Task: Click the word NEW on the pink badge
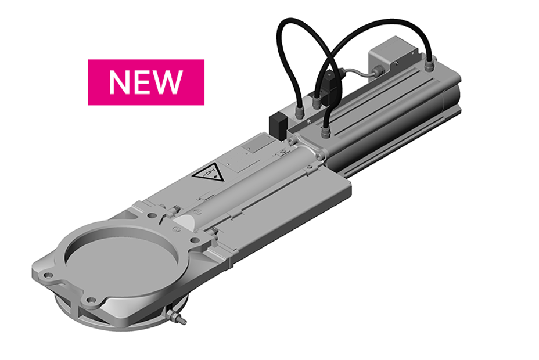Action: [x=145, y=82]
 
